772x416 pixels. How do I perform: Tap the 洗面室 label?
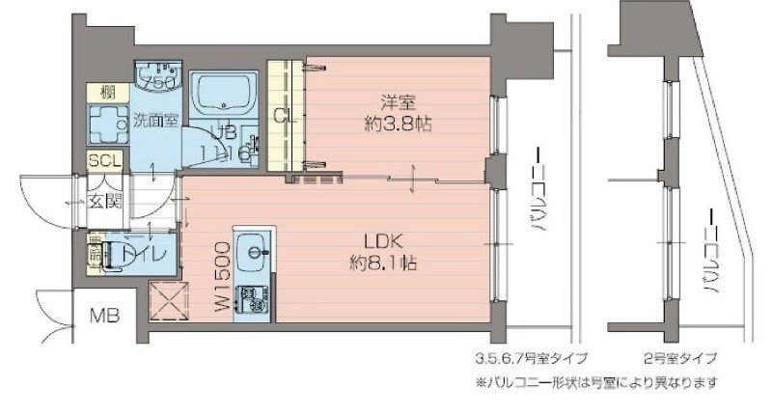(155, 121)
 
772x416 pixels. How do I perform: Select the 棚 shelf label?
(106, 93)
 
